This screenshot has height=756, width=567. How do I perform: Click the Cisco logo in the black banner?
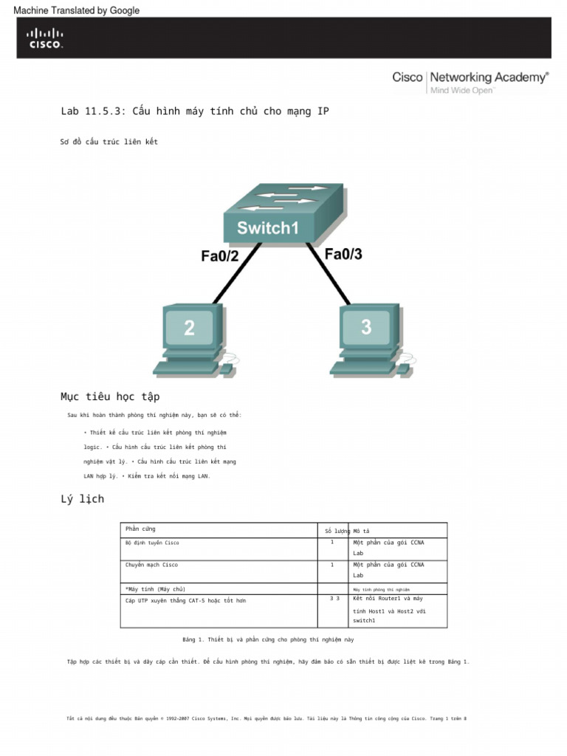click(45, 38)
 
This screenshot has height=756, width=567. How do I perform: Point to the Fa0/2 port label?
click(219, 256)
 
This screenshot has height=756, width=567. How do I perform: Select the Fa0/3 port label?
click(343, 254)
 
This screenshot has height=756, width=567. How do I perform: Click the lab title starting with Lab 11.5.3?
click(195, 111)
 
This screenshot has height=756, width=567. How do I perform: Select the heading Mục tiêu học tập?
click(110, 397)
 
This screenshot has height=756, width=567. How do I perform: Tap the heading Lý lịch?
click(82, 499)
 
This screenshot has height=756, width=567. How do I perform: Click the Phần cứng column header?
click(140, 529)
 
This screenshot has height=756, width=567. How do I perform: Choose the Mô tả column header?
click(361, 531)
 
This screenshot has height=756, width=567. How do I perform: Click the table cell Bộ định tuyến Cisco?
click(152, 543)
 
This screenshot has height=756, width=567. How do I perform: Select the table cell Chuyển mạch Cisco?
click(151, 565)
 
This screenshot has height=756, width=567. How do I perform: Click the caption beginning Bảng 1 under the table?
click(268, 639)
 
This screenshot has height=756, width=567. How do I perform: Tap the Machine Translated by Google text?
click(77, 10)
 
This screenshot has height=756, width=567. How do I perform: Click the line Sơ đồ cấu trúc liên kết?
click(109, 142)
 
